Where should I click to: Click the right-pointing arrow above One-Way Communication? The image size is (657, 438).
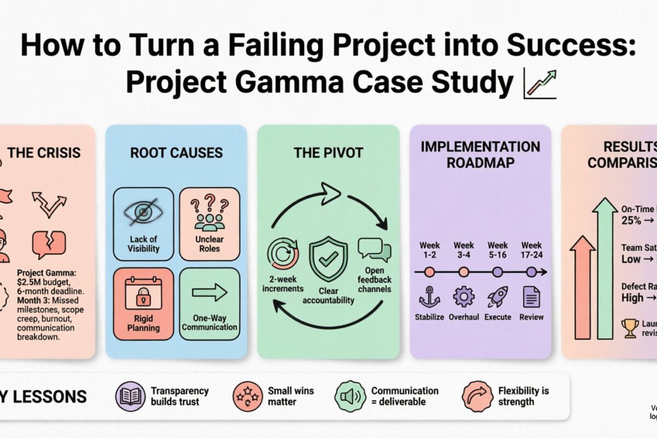210,292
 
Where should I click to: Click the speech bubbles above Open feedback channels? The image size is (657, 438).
374,250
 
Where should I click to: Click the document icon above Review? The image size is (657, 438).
532,297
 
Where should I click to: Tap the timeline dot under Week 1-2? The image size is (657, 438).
430,272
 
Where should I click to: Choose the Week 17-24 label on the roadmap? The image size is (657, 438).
532,250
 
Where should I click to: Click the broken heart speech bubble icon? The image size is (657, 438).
49,244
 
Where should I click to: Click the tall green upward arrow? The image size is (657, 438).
606,268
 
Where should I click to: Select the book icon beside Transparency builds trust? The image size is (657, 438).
130,396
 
